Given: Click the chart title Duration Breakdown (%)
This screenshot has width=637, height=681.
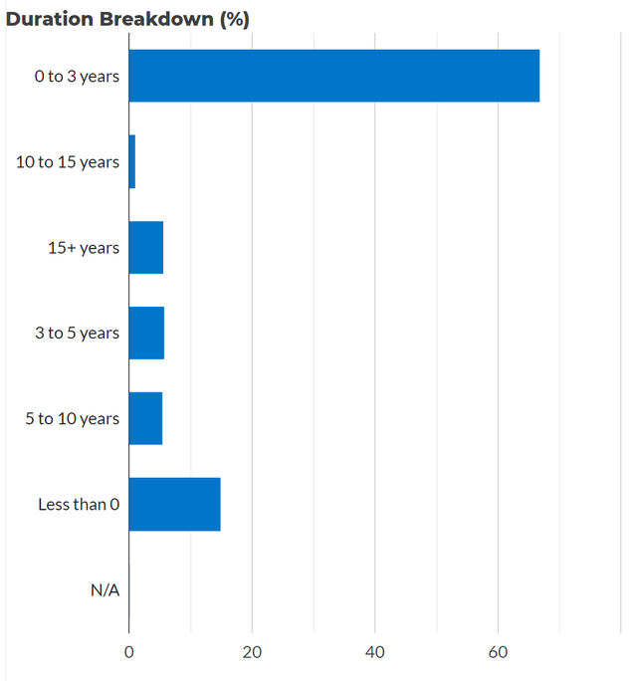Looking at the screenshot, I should click(x=127, y=19).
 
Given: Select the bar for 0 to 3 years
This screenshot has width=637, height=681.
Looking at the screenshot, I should click(x=334, y=76).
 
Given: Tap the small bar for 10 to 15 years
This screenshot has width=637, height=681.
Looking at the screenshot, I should click(x=132, y=162).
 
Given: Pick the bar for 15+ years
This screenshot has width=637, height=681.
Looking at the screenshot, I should click(x=146, y=248).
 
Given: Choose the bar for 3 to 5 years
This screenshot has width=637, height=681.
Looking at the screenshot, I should click(x=146, y=334).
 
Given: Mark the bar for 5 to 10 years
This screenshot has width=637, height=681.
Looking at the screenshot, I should click(x=145, y=419).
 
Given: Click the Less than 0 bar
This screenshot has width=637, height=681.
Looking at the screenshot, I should click(x=175, y=505).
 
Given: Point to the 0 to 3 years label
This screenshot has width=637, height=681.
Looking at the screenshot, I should click(x=77, y=76).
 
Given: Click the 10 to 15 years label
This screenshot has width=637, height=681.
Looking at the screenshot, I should click(x=68, y=162).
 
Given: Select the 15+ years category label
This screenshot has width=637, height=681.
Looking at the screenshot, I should click(x=83, y=248).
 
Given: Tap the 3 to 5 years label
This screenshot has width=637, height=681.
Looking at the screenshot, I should click(x=77, y=334).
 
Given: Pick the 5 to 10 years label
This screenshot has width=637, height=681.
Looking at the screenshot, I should click(x=73, y=419).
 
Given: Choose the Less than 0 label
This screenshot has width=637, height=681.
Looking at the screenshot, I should click(x=79, y=505).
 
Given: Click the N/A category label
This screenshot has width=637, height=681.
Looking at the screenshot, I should click(x=105, y=590).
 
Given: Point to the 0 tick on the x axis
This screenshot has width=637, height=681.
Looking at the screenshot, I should click(x=129, y=652).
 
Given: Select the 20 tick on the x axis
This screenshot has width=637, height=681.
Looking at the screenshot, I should click(x=252, y=652).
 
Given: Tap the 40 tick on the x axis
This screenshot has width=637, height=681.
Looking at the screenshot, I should click(x=375, y=652).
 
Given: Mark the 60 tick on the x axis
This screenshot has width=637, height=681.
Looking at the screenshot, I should click(x=498, y=652).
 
